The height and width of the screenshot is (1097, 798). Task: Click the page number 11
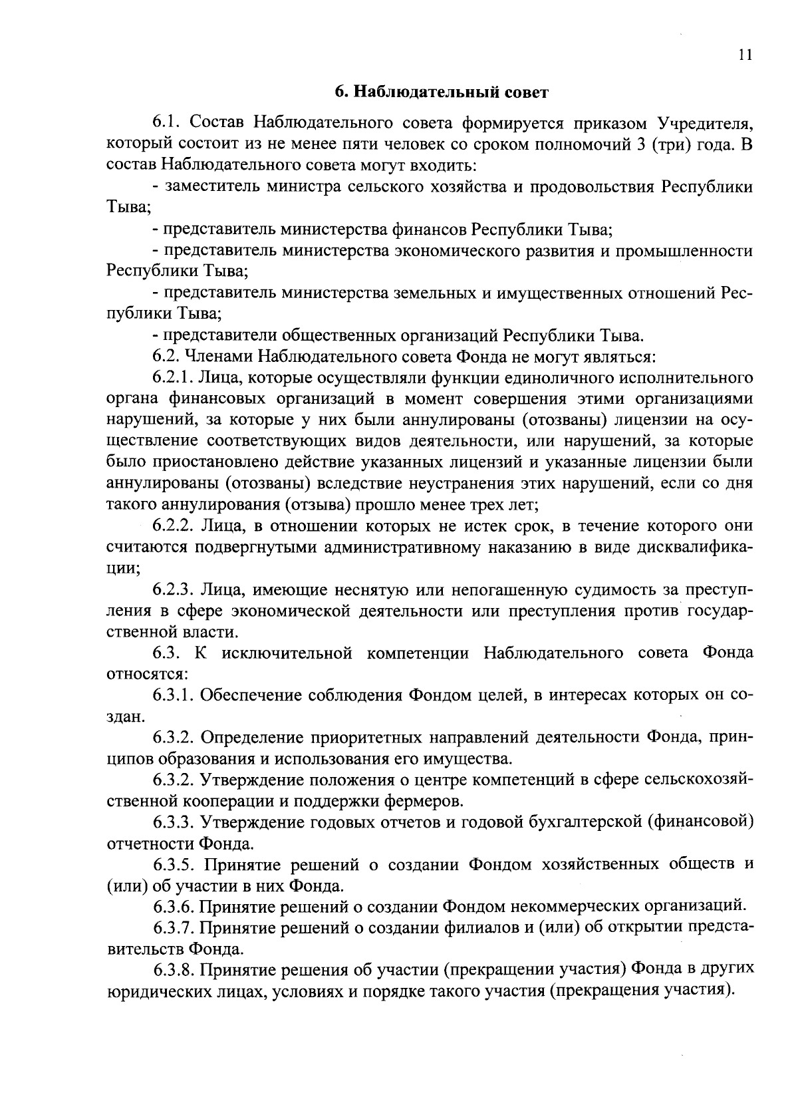click(x=745, y=55)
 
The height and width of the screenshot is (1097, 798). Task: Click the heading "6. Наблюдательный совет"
click(x=441, y=92)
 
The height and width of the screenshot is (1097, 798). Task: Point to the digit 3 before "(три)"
click(x=640, y=144)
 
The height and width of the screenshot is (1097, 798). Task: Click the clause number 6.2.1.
click(x=173, y=378)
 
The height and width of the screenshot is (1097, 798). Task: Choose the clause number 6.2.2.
click(x=174, y=526)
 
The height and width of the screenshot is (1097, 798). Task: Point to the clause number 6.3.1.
click(x=173, y=695)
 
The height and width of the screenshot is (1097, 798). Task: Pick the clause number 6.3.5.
click(x=174, y=865)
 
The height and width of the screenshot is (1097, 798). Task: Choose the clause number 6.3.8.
click(x=174, y=969)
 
